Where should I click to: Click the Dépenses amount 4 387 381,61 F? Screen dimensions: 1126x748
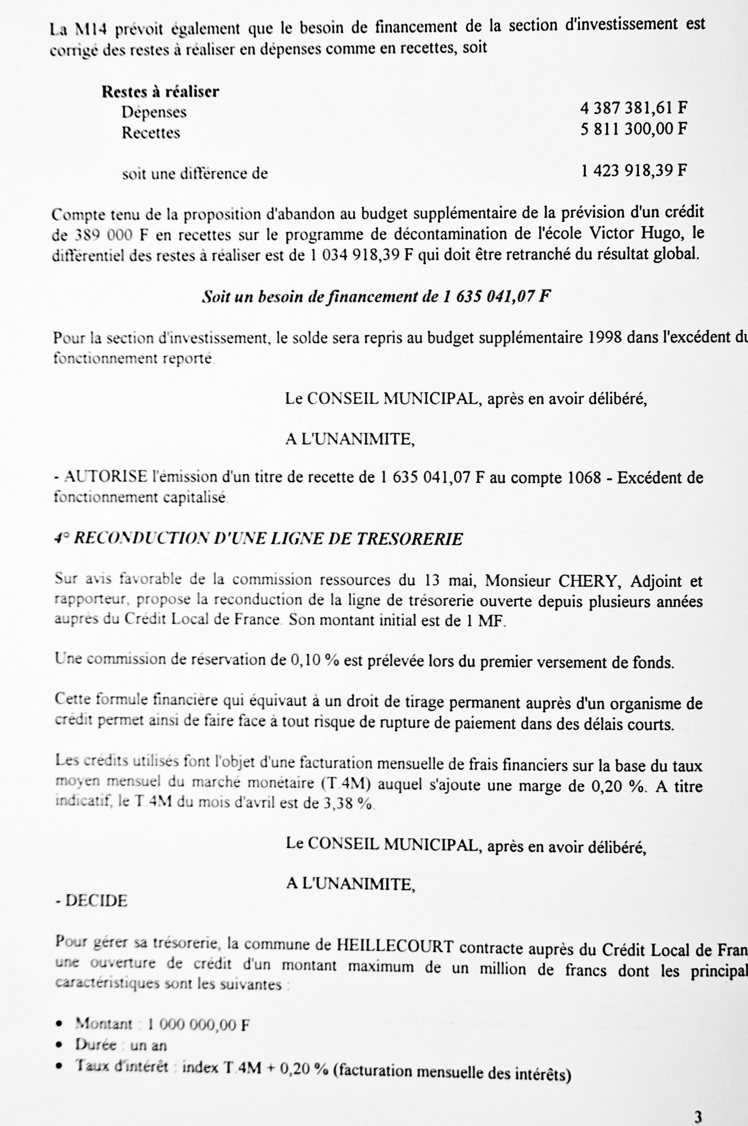click(x=633, y=108)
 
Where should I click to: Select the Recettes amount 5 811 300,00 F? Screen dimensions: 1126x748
click(x=633, y=129)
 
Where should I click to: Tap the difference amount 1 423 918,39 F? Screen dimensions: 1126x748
click(x=633, y=171)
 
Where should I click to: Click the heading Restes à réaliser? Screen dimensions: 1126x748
click(x=160, y=92)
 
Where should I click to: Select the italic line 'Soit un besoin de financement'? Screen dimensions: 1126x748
click(x=376, y=297)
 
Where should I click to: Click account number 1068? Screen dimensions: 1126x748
click(x=585, y=477)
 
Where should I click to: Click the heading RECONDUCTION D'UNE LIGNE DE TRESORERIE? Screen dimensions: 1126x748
click(x=258, y=539)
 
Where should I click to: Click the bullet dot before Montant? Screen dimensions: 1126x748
click(x=59, y=1024)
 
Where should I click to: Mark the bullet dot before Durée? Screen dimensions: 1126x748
click(x=59, y=1045)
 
